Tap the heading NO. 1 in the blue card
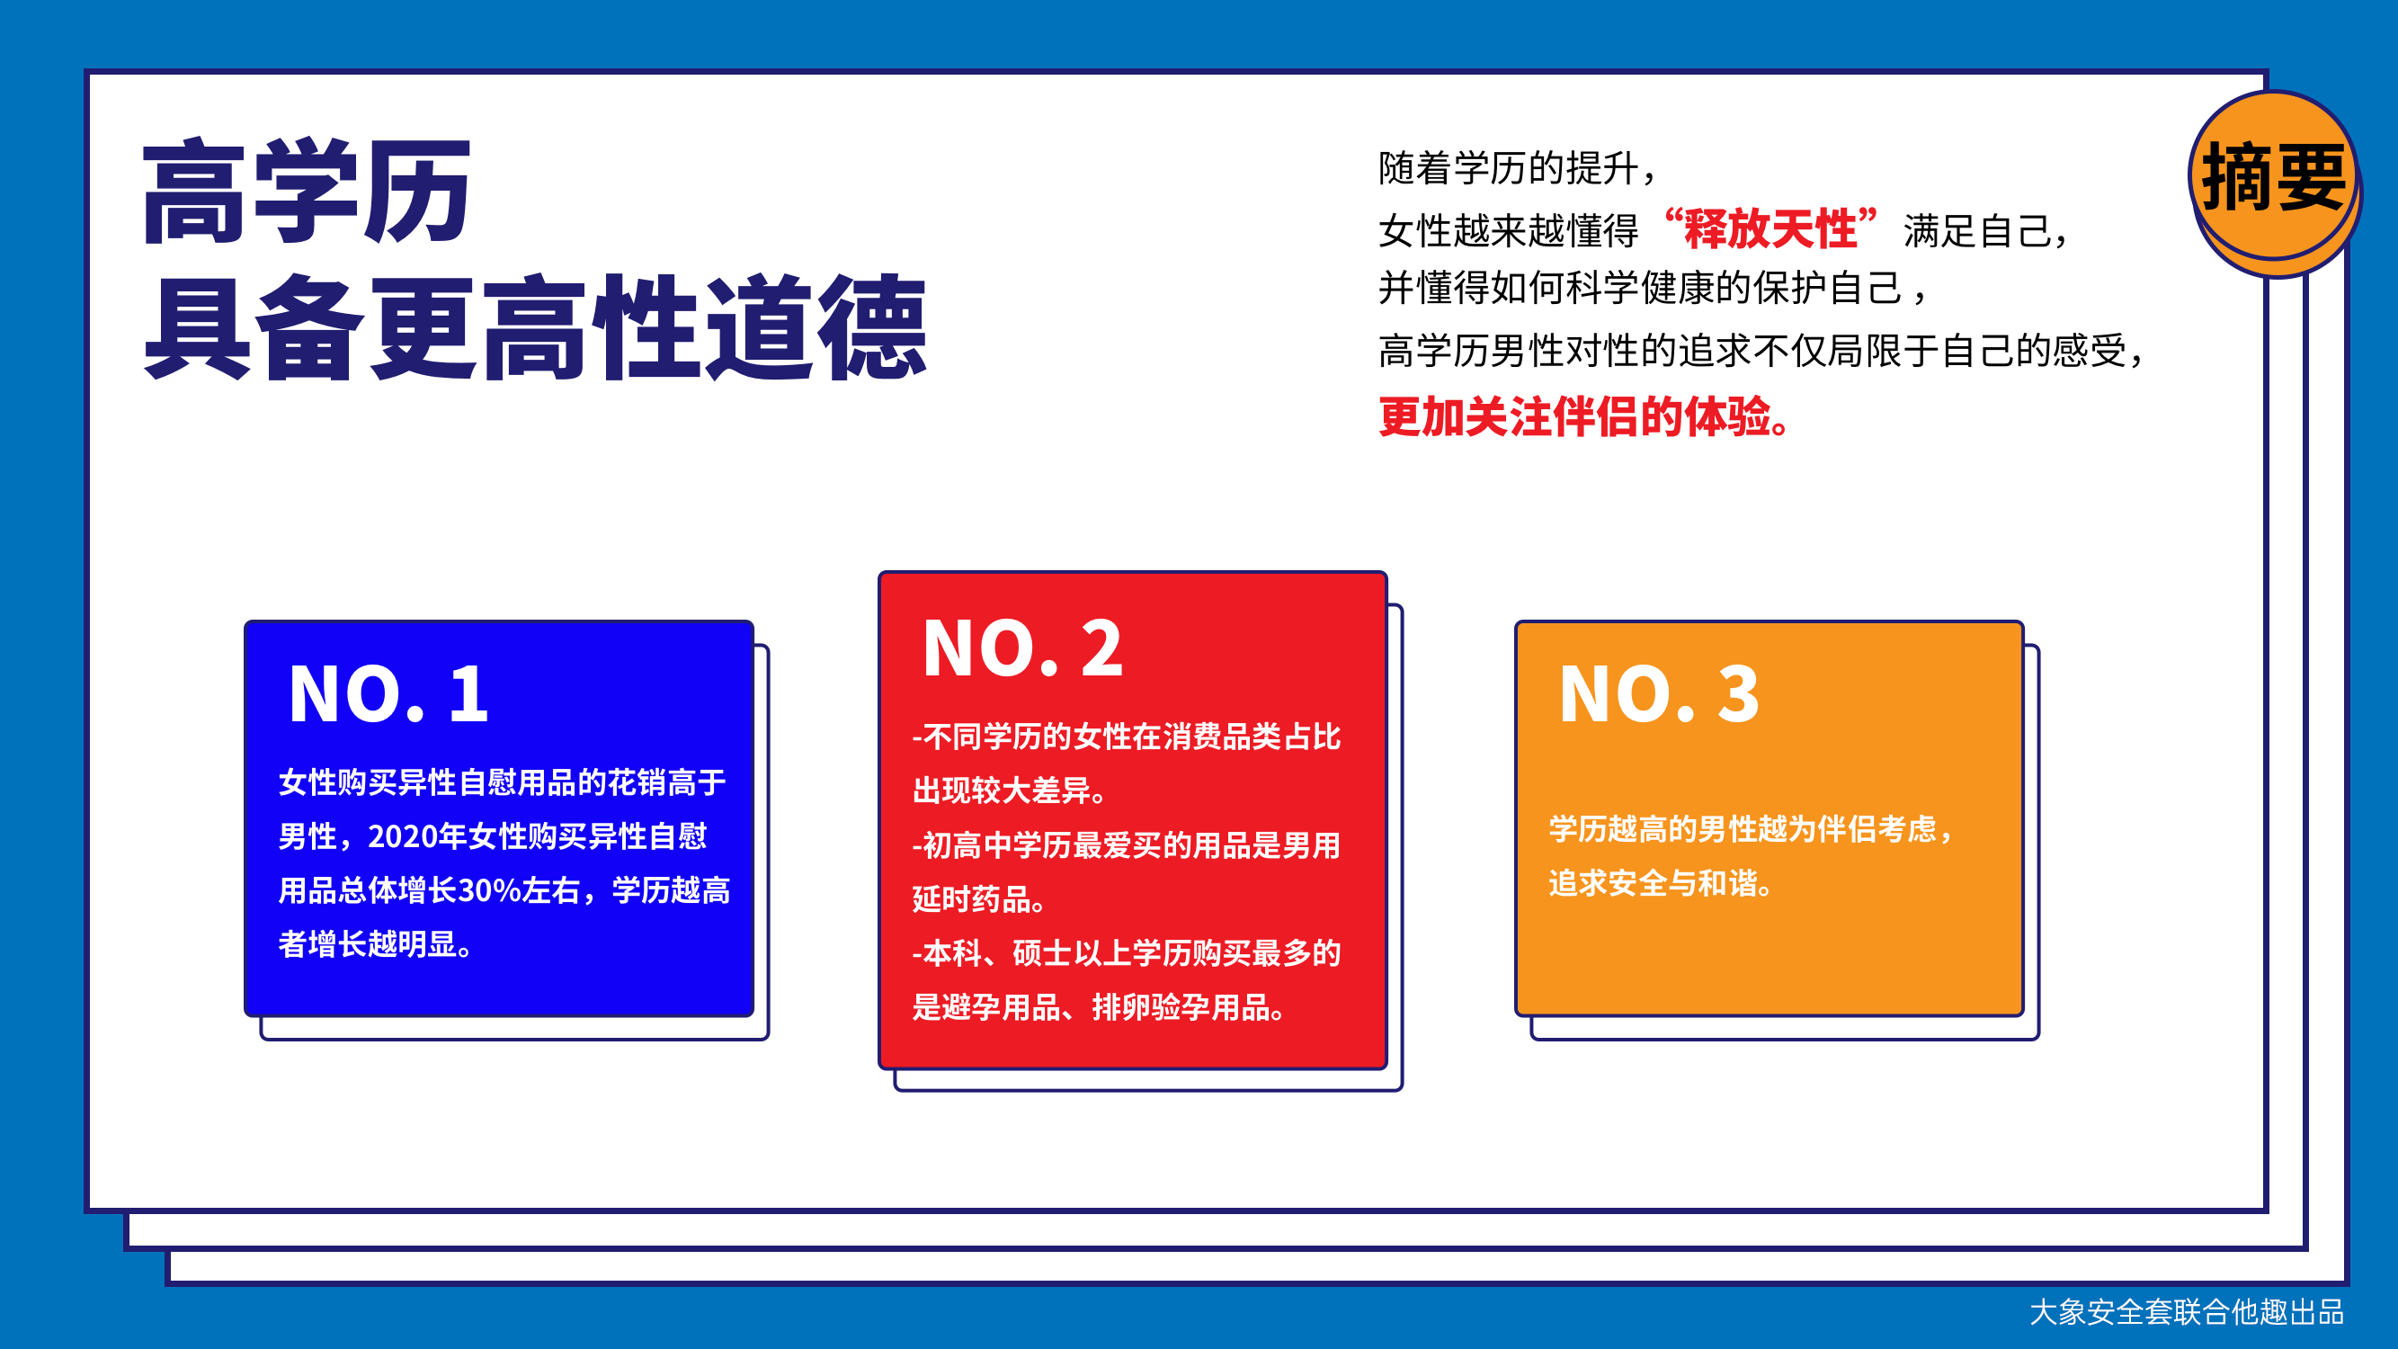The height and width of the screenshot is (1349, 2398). tap(388, 693)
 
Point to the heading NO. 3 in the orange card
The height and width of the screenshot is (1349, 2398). tap(1659, 693)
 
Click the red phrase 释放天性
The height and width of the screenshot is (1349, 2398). tap(1770, 228)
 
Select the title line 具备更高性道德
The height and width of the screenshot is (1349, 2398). tap(535, 326)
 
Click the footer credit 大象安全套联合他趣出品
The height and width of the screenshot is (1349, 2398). tap(2187, 1312)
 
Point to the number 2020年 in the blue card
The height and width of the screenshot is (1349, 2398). tap(417, 836)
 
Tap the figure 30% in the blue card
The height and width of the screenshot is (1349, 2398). tap(489, 890)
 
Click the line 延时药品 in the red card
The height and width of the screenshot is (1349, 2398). tap(979, 898)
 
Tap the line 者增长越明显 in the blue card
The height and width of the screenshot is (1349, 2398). tap(376, 944)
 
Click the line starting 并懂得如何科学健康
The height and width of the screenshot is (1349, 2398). tap(1654, 289)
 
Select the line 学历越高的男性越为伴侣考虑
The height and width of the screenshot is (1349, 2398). tap(1751, 828)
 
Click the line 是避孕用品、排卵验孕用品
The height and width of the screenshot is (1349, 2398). tap(1100, 1006)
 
